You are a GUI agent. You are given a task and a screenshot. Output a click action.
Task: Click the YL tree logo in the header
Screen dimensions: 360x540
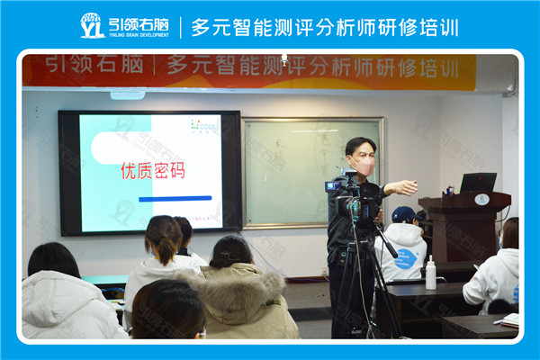click(x=92, y=25)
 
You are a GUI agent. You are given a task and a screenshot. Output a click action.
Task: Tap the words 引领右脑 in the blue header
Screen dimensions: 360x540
click(x=138, y=22)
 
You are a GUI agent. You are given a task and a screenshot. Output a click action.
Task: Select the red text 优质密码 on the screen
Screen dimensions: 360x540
click(x=153, y=170)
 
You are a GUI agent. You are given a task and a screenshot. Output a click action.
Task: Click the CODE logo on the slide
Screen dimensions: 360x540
click(x=204, y=125)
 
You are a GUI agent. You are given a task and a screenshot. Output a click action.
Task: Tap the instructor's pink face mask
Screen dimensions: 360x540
click(x=364, y=166)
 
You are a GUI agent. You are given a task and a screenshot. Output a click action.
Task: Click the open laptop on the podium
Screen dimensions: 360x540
click(x=477, y=183)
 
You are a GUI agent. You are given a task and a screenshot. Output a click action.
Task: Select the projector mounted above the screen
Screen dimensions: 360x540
click(x=127, y=94)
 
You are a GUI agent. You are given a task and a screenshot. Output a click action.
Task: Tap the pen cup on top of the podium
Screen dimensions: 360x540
click(x=449, y=191)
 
